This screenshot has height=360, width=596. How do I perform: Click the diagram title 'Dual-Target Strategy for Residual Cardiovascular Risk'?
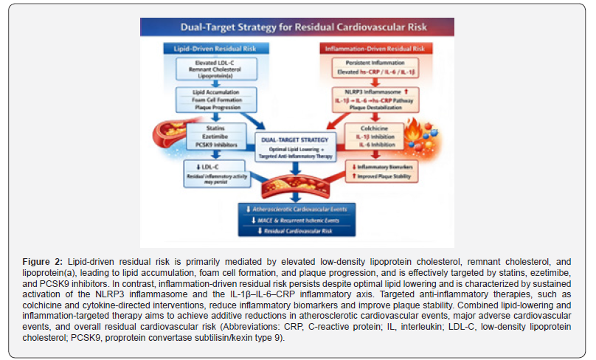(x=298, y=29)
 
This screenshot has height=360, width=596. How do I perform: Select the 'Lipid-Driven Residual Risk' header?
(x=214, y=48)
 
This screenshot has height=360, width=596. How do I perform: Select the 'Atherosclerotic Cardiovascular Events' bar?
(x=297, y=210)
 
